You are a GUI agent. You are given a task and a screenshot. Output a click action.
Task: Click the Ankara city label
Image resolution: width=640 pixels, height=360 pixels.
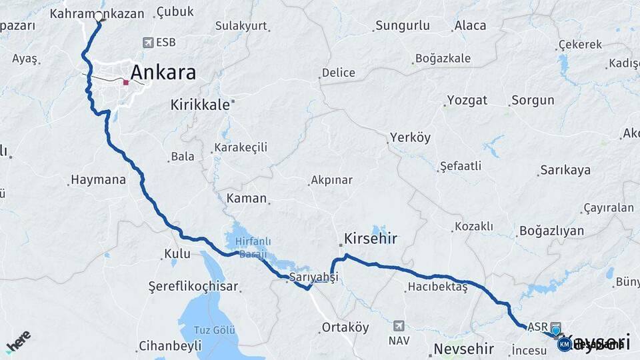click(163, 72)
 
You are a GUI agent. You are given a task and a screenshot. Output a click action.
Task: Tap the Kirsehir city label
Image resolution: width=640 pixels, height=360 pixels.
click(371, 238)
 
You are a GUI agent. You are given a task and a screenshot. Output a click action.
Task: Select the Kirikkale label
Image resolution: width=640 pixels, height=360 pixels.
click(200, 105)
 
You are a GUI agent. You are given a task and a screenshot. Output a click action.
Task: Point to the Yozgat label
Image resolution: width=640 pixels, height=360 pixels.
click(467, 101)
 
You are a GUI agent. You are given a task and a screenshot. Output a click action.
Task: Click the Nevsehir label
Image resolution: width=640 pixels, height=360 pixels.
click(463, 349)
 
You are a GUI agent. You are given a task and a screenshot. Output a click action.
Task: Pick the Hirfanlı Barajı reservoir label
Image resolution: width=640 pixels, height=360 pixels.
click(246, 247)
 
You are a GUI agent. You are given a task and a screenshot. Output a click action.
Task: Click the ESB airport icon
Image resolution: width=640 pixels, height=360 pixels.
click(147, 42)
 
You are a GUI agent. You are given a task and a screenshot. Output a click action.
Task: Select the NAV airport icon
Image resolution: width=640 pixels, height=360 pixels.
click(399, 326)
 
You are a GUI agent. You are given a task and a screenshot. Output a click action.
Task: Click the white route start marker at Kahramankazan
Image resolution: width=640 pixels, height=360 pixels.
click(99, 17)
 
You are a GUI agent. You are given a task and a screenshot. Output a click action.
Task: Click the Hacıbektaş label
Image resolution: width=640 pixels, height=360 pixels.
click(437, 288)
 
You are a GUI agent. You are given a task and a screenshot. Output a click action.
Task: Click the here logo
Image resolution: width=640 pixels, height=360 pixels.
click(18, 341)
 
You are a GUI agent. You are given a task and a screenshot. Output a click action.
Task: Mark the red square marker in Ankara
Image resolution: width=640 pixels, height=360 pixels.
click(125, 83)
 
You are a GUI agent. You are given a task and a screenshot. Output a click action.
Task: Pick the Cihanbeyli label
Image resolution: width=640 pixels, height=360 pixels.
click(169, 346)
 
